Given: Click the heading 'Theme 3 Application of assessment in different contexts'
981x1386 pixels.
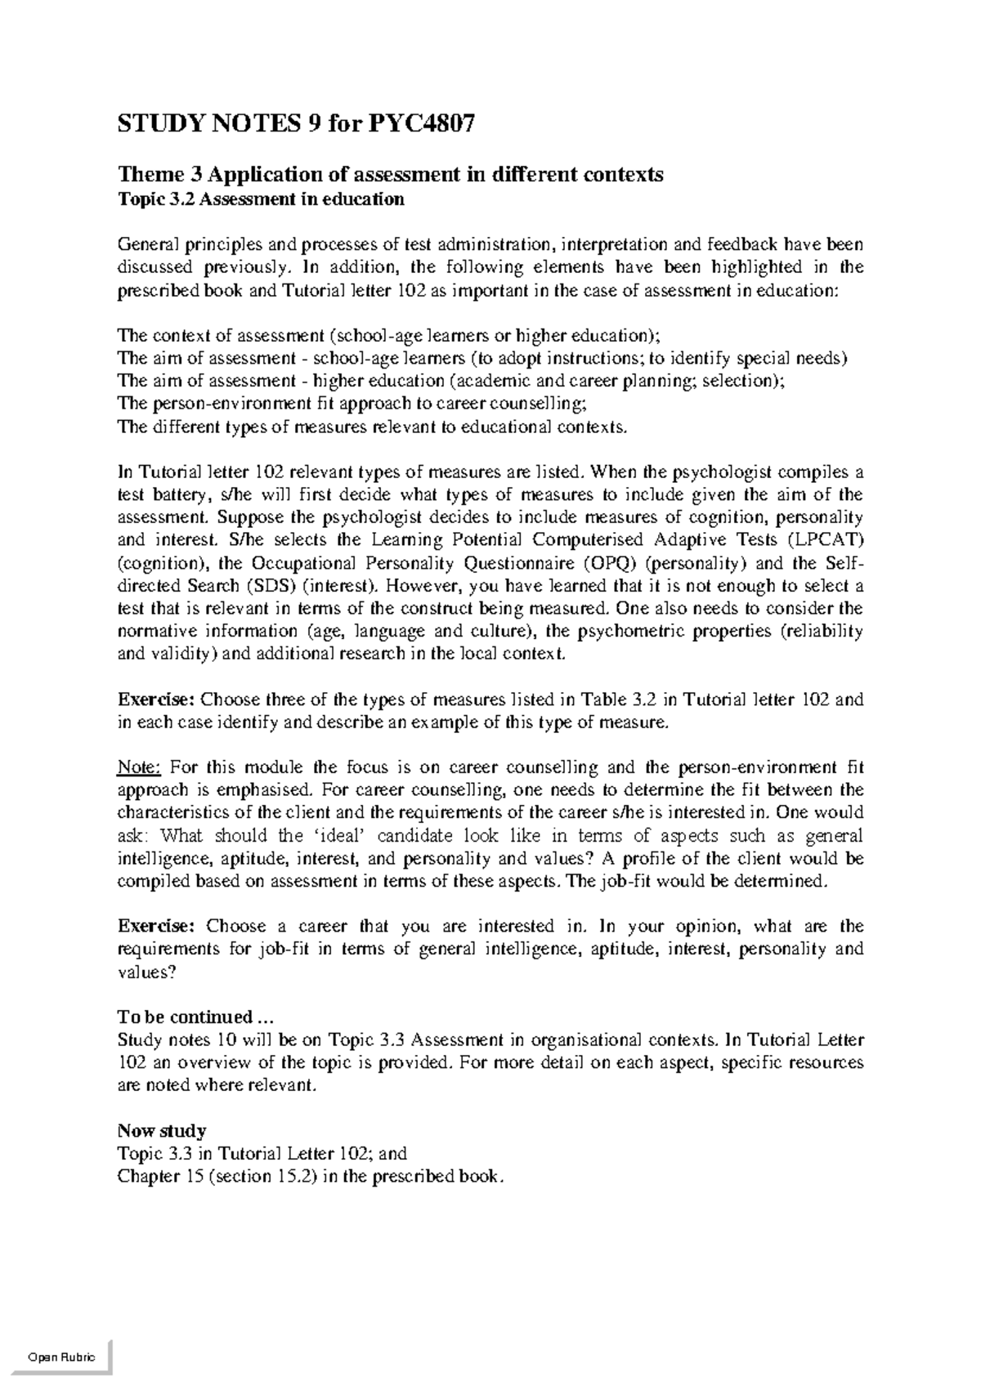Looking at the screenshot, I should (x=391, y=174).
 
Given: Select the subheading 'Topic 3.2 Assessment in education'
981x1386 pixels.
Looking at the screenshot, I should (x=261, y=199).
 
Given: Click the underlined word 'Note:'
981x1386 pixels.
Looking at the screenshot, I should (x=140, y=767).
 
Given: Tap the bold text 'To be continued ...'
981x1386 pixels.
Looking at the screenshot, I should (x=193, y=1017).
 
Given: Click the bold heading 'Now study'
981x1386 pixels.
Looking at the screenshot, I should (x=161, y=1131).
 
